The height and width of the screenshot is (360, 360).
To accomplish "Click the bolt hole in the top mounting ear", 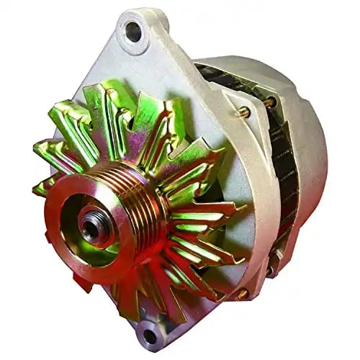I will tap(134, 31).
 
